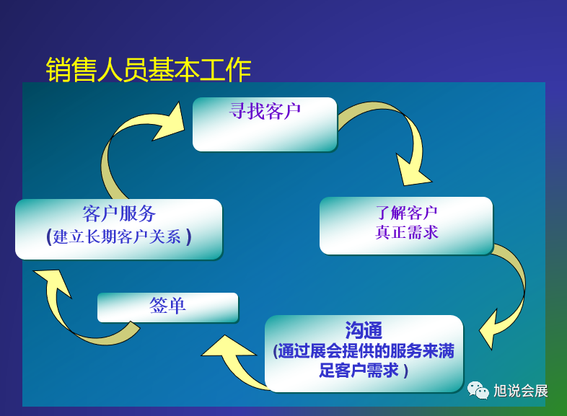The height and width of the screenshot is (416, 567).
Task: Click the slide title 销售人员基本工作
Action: tap(149, 70)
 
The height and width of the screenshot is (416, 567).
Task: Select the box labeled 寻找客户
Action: tap(264, 124)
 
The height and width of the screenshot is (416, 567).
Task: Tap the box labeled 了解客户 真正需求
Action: tap(405, 225)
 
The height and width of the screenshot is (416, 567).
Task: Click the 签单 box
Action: tap(167, 306)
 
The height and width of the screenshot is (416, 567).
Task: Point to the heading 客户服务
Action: tap(119, 213)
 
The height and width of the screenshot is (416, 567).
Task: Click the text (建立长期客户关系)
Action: tap(119, 236)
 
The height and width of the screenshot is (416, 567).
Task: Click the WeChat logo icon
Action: tap(478, 391)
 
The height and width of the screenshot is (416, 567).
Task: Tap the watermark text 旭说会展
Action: tap(521, 391)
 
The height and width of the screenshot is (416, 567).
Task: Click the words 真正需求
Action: tap(406, 233)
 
